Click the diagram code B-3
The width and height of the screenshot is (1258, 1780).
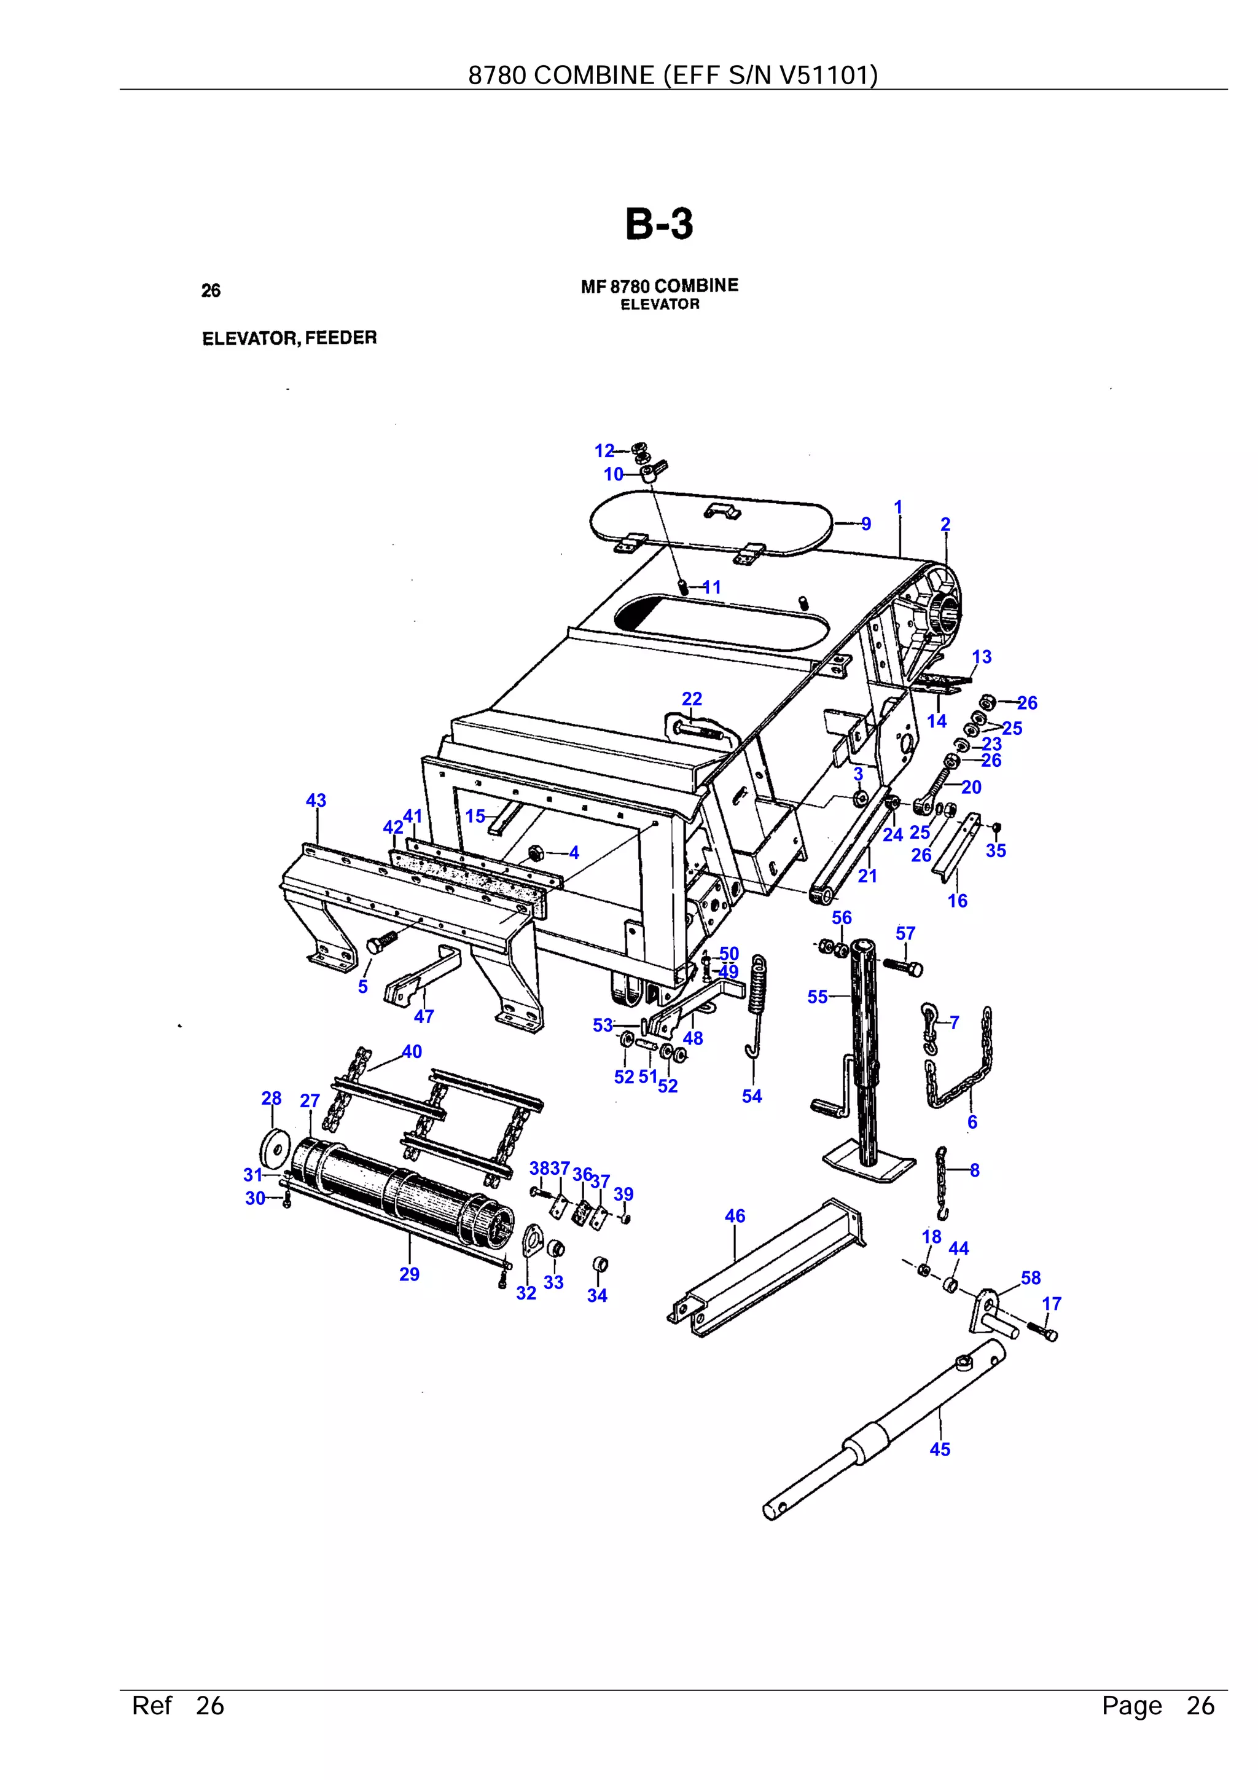pos(659,225)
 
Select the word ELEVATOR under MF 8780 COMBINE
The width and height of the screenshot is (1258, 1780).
pos(660,305)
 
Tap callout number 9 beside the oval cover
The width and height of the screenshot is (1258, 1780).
pos(865,524)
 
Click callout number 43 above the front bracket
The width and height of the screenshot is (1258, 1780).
pos(316,800)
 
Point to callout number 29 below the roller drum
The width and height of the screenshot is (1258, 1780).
pos(409,1274)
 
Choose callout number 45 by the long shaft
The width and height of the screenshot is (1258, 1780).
pos(939,1449)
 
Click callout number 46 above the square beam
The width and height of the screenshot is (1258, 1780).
pos(735,1215)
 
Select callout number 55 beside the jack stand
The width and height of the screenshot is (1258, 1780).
pos(817,997)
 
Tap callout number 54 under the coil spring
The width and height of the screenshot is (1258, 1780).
pos(752,1096)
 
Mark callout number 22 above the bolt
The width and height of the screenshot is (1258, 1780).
pos(692,699)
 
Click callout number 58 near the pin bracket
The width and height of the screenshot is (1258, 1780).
pos(1030,1277)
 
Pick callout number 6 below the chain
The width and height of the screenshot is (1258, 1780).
pos(972,1122)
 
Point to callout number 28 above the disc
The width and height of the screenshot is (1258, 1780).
pos(272,1098)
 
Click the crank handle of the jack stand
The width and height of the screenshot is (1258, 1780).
pos(822,1105)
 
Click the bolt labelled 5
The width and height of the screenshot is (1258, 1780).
pos(380,942)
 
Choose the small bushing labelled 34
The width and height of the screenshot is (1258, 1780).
pos(599,1265)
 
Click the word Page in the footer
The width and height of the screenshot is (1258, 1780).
pos(1131,1706)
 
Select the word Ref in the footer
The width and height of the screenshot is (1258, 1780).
pos(151,1706)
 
